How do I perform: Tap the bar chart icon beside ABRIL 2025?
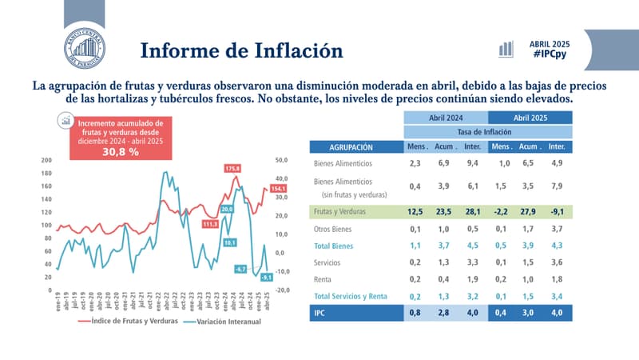coord(506,48)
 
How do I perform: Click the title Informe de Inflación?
coord(241,50)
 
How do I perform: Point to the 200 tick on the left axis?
coord(46,160)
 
